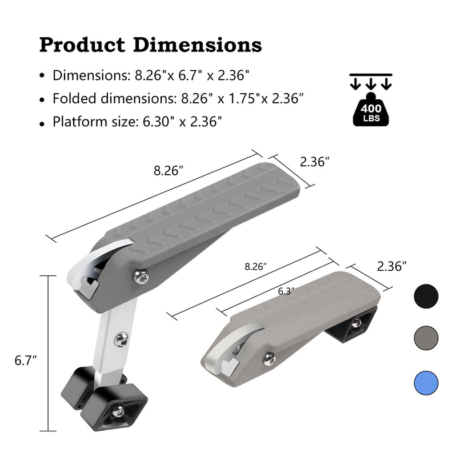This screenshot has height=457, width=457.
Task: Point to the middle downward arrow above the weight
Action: coord(371,83)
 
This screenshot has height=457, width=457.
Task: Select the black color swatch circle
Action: coord(426,296)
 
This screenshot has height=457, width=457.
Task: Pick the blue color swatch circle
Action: coord(426,382)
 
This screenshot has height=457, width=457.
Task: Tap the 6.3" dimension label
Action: coord(286,291)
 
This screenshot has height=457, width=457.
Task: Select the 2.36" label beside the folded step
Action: coord(392,266)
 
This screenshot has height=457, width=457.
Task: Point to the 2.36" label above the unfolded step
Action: coord(315,162)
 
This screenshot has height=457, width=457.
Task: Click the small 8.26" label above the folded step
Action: coord(256,266)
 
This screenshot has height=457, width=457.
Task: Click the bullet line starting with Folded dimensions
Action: coord(177,98)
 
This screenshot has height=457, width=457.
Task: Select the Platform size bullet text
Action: coord(137,121)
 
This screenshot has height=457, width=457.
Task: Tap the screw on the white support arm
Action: coord(121,340)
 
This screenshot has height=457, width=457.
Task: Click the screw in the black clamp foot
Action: coord(118,411)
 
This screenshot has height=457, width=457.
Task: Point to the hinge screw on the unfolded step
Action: coord(141,277)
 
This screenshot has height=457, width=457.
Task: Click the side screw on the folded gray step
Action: coord(269,359)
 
